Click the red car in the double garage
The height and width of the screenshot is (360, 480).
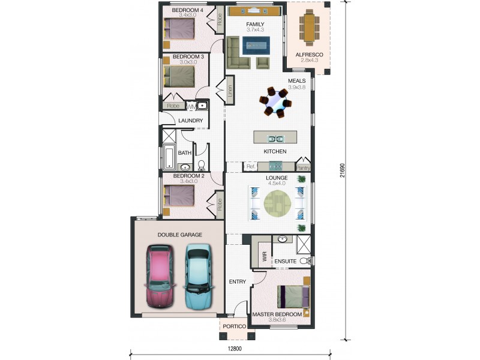[160, 276]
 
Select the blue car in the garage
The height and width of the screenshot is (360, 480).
[198, 277]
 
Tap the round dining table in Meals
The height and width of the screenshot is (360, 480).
[275, 102]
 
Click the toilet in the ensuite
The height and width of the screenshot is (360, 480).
[305, 261]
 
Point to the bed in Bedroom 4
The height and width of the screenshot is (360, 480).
[179, 29]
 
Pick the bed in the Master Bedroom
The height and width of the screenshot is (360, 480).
[293, 296]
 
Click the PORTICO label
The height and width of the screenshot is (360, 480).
[234, 326]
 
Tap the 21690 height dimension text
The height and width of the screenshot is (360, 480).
[342, 170]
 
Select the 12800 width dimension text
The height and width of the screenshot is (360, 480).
[235, 349]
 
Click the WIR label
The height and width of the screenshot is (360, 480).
[265, 256]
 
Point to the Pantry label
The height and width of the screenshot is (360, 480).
[303, 168]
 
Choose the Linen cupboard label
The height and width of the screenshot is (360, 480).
[230, 91]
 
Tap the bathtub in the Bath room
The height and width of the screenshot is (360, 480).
[169, 157]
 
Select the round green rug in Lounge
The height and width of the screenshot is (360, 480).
[277, 203]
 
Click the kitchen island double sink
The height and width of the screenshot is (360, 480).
[276, 139]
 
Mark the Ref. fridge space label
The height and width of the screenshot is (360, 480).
[251, 167]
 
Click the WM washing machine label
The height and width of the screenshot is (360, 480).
[191, 107]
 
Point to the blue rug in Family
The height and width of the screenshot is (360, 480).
[256, 46]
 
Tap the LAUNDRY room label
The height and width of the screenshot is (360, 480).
[190, 121]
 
